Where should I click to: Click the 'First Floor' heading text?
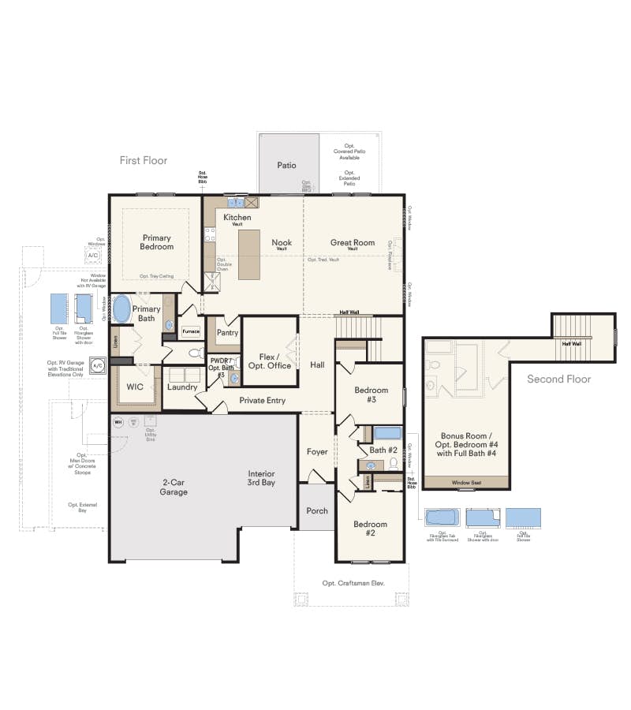[144, 160]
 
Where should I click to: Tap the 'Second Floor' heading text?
[558, 379]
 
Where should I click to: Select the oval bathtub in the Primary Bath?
[121, 308]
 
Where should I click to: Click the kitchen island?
[249, 254]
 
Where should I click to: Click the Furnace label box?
[192, 331]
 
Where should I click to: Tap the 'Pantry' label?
[227, 333]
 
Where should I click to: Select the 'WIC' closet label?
[135, 387]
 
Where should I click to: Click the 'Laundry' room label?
[182, 387]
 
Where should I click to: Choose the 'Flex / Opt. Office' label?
[270, 361]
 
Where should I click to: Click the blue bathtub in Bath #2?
[387, 433]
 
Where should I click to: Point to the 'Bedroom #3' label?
[371, 395]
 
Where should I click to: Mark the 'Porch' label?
[317, 510]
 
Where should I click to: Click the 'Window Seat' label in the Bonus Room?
[466, 482]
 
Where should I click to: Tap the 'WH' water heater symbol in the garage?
[119, 422]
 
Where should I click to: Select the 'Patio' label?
[286, 166]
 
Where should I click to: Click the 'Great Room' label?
[353, 243]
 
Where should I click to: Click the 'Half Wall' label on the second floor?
[572, 344]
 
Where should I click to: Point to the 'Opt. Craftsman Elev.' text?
[353, 583]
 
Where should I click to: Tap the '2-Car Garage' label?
[174, 487]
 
